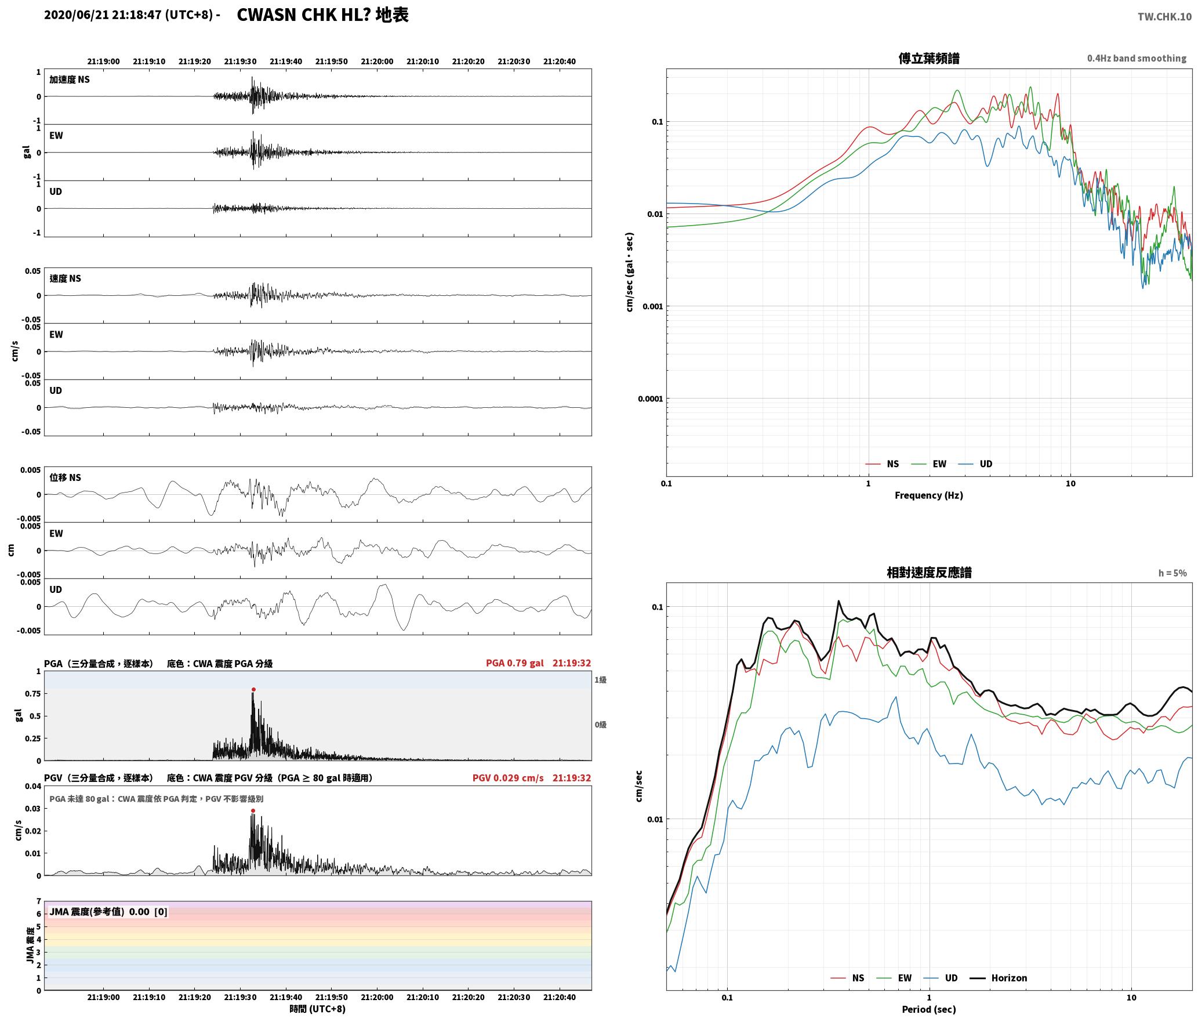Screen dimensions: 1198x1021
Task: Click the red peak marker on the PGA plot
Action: [x=253, y=689]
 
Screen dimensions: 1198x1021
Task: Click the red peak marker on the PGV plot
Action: [x=253, y=810]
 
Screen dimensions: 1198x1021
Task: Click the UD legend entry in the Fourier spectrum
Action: [x=975, y=464]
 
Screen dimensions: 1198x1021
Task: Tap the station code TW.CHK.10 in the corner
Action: [x=1164, y=17]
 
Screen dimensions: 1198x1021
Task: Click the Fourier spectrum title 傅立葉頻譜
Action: [x=929, y=58]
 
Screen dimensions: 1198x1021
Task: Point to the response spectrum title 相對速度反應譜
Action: [x=929, y=573]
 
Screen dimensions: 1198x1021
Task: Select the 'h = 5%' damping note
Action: [x=1172, y=573]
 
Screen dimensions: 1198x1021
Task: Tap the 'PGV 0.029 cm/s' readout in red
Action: [x=508, y=778]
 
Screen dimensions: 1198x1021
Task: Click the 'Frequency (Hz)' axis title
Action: [x=929, y=495]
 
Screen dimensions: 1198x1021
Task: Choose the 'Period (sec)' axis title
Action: [x=929, y=1009]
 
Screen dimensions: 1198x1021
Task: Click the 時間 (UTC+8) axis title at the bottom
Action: [x=318, y=1009]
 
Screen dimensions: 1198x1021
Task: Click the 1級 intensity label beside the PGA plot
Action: [x=600, y=679]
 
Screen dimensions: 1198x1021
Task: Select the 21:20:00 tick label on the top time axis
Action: [x=377, y=61]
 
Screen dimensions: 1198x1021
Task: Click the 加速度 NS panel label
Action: [x=70, y=79]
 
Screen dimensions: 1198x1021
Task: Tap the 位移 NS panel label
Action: [x=66, y=477]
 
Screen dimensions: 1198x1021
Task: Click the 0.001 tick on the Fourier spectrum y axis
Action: [x=652, y=306]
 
